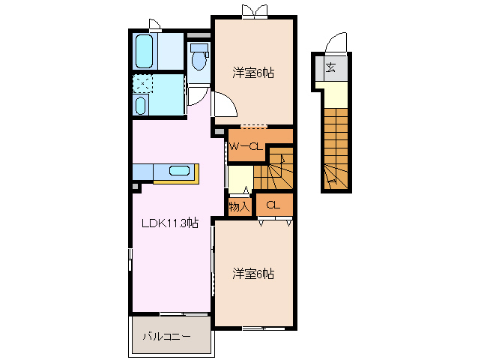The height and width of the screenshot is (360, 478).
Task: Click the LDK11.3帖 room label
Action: [x=171, y=223]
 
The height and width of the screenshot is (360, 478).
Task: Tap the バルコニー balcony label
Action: [x=166, y=337]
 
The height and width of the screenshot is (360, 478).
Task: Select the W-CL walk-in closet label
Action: [x=245, y=147]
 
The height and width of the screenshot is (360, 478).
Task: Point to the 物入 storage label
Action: [x=239, y=206]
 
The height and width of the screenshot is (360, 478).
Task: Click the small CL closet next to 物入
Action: [x=273, y=205]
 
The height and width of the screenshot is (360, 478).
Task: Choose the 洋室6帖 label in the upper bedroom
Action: [x=252, y=73]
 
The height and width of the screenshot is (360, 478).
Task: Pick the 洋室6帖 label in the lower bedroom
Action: [x=252, y=274]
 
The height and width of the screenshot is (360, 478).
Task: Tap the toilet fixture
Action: [x=199, y=57]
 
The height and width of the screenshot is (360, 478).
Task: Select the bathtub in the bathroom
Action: [x=145, y=50]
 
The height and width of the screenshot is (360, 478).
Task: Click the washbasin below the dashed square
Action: [x=141, y=104]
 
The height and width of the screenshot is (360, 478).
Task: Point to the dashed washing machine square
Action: [x=142, y=82]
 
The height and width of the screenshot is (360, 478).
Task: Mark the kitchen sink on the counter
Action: [x=180, y=170]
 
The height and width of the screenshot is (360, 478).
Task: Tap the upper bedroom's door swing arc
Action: [x=226, y=105]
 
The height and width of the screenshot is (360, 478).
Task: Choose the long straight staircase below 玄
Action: [x=336, y=146]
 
